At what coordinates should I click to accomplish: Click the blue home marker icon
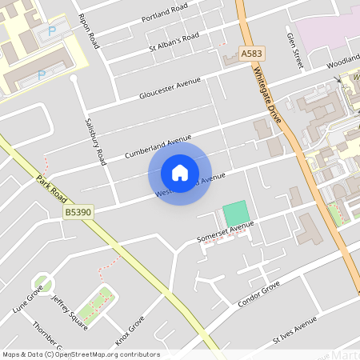coord(180,173)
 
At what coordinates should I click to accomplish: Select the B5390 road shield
coord(77,212)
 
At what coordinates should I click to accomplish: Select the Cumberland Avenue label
coord(158,146)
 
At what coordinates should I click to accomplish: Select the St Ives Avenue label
coord(295,329)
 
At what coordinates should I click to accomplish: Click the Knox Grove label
coord(130,330)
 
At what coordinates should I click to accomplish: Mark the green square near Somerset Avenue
coord(235,214)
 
